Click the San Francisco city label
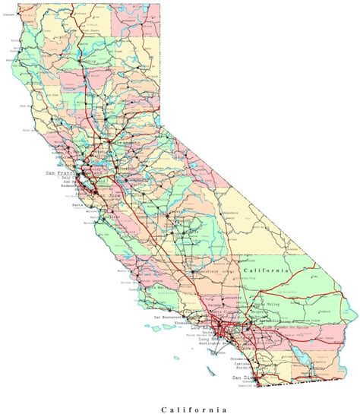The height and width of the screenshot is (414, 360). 62,174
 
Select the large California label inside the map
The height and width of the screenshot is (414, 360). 266,270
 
